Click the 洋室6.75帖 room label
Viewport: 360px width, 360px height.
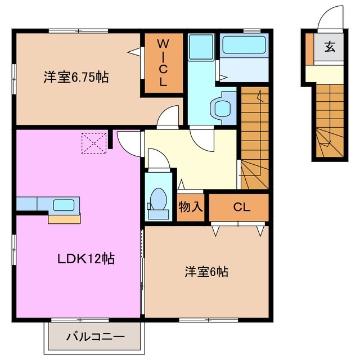pyautogui.click(x=75, y=77)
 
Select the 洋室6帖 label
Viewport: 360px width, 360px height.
pyautogui.click(x=206, y=272)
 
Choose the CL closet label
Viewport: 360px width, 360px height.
pyautogui.click(x=241, y=207)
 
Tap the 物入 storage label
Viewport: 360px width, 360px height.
pyautogui.click(x=190, y=206)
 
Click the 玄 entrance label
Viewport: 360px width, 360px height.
pyautogui.click(x=329, y=47)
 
